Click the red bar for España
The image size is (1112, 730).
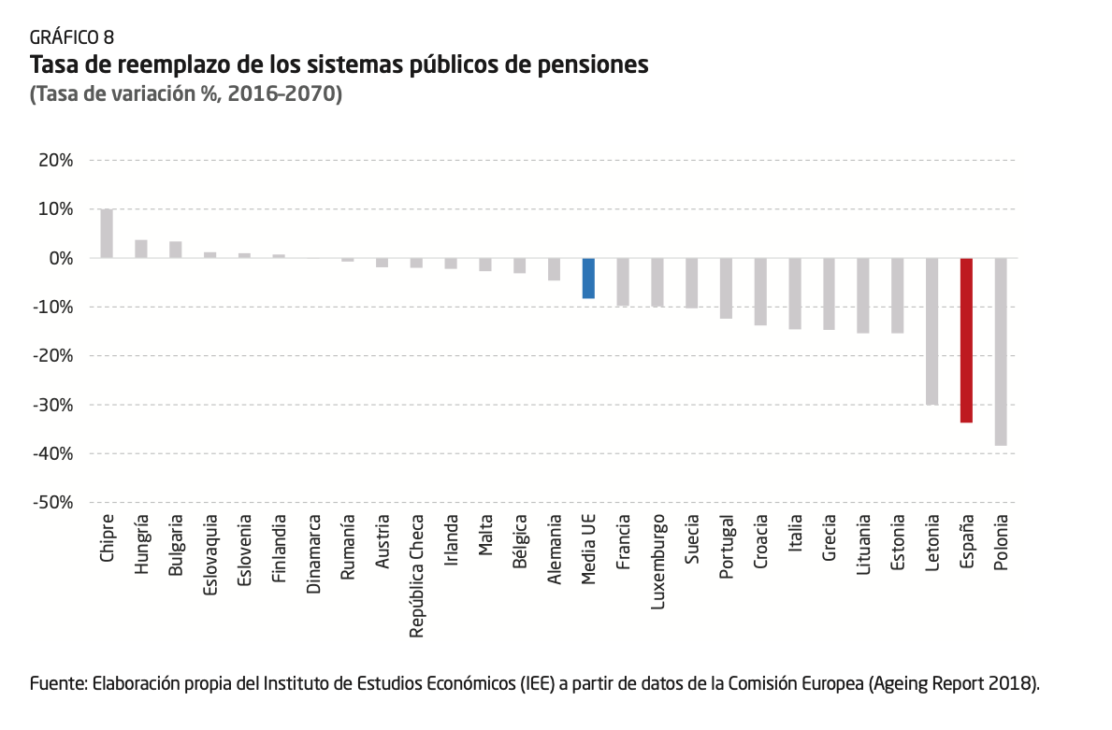966,340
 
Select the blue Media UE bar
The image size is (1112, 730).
588,279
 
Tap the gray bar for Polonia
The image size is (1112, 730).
1001,351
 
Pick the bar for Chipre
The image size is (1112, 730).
107,233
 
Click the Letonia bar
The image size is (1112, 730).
931,331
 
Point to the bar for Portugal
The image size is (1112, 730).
726,288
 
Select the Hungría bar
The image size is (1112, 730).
141,249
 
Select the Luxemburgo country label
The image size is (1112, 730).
657,561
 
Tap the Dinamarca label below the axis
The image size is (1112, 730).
313,554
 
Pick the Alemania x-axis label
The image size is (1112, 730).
555,551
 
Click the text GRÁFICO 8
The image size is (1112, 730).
72,37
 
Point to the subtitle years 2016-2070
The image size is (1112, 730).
286,94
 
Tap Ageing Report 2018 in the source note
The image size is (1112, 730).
953,683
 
